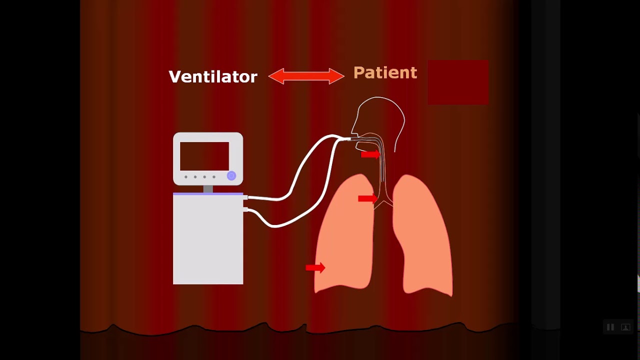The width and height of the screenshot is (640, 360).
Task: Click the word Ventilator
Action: coord(213,76)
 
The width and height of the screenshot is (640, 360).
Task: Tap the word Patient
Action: coord(385,73)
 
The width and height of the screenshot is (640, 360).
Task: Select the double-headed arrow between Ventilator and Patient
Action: coord(306,76)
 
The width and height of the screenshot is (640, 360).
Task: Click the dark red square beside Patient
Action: coord(458,82)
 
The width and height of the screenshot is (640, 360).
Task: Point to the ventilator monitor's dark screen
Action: coord(204,156)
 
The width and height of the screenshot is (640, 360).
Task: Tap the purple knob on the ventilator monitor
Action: coord(231,175)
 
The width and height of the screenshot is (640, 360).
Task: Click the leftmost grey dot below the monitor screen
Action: coord(186,177)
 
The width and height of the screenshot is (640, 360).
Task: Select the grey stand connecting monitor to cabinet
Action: coord(208,188)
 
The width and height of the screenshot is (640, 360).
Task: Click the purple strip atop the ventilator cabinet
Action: coord(208,193)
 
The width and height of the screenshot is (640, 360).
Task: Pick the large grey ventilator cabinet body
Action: coord(208,240)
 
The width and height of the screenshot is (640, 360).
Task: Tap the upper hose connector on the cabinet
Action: coord(245,198)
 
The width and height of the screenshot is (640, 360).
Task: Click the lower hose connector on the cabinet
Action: coord(245,209)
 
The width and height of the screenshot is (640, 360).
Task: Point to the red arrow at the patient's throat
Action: coord(370,155)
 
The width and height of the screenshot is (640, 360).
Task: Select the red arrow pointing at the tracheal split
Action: coord(367,199)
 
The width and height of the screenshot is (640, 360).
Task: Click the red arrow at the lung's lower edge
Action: coord(315,268)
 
